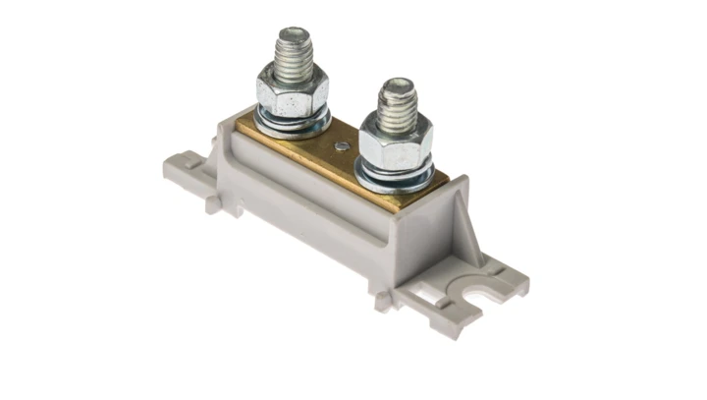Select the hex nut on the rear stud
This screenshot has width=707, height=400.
(x=292, y=93)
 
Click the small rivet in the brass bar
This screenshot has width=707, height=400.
(x=341, y=147)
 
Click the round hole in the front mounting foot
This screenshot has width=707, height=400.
(x=480, y=293)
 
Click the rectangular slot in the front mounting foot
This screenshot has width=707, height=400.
(x=442, y=294)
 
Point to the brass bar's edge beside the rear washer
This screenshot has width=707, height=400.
(x=250, y=133)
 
